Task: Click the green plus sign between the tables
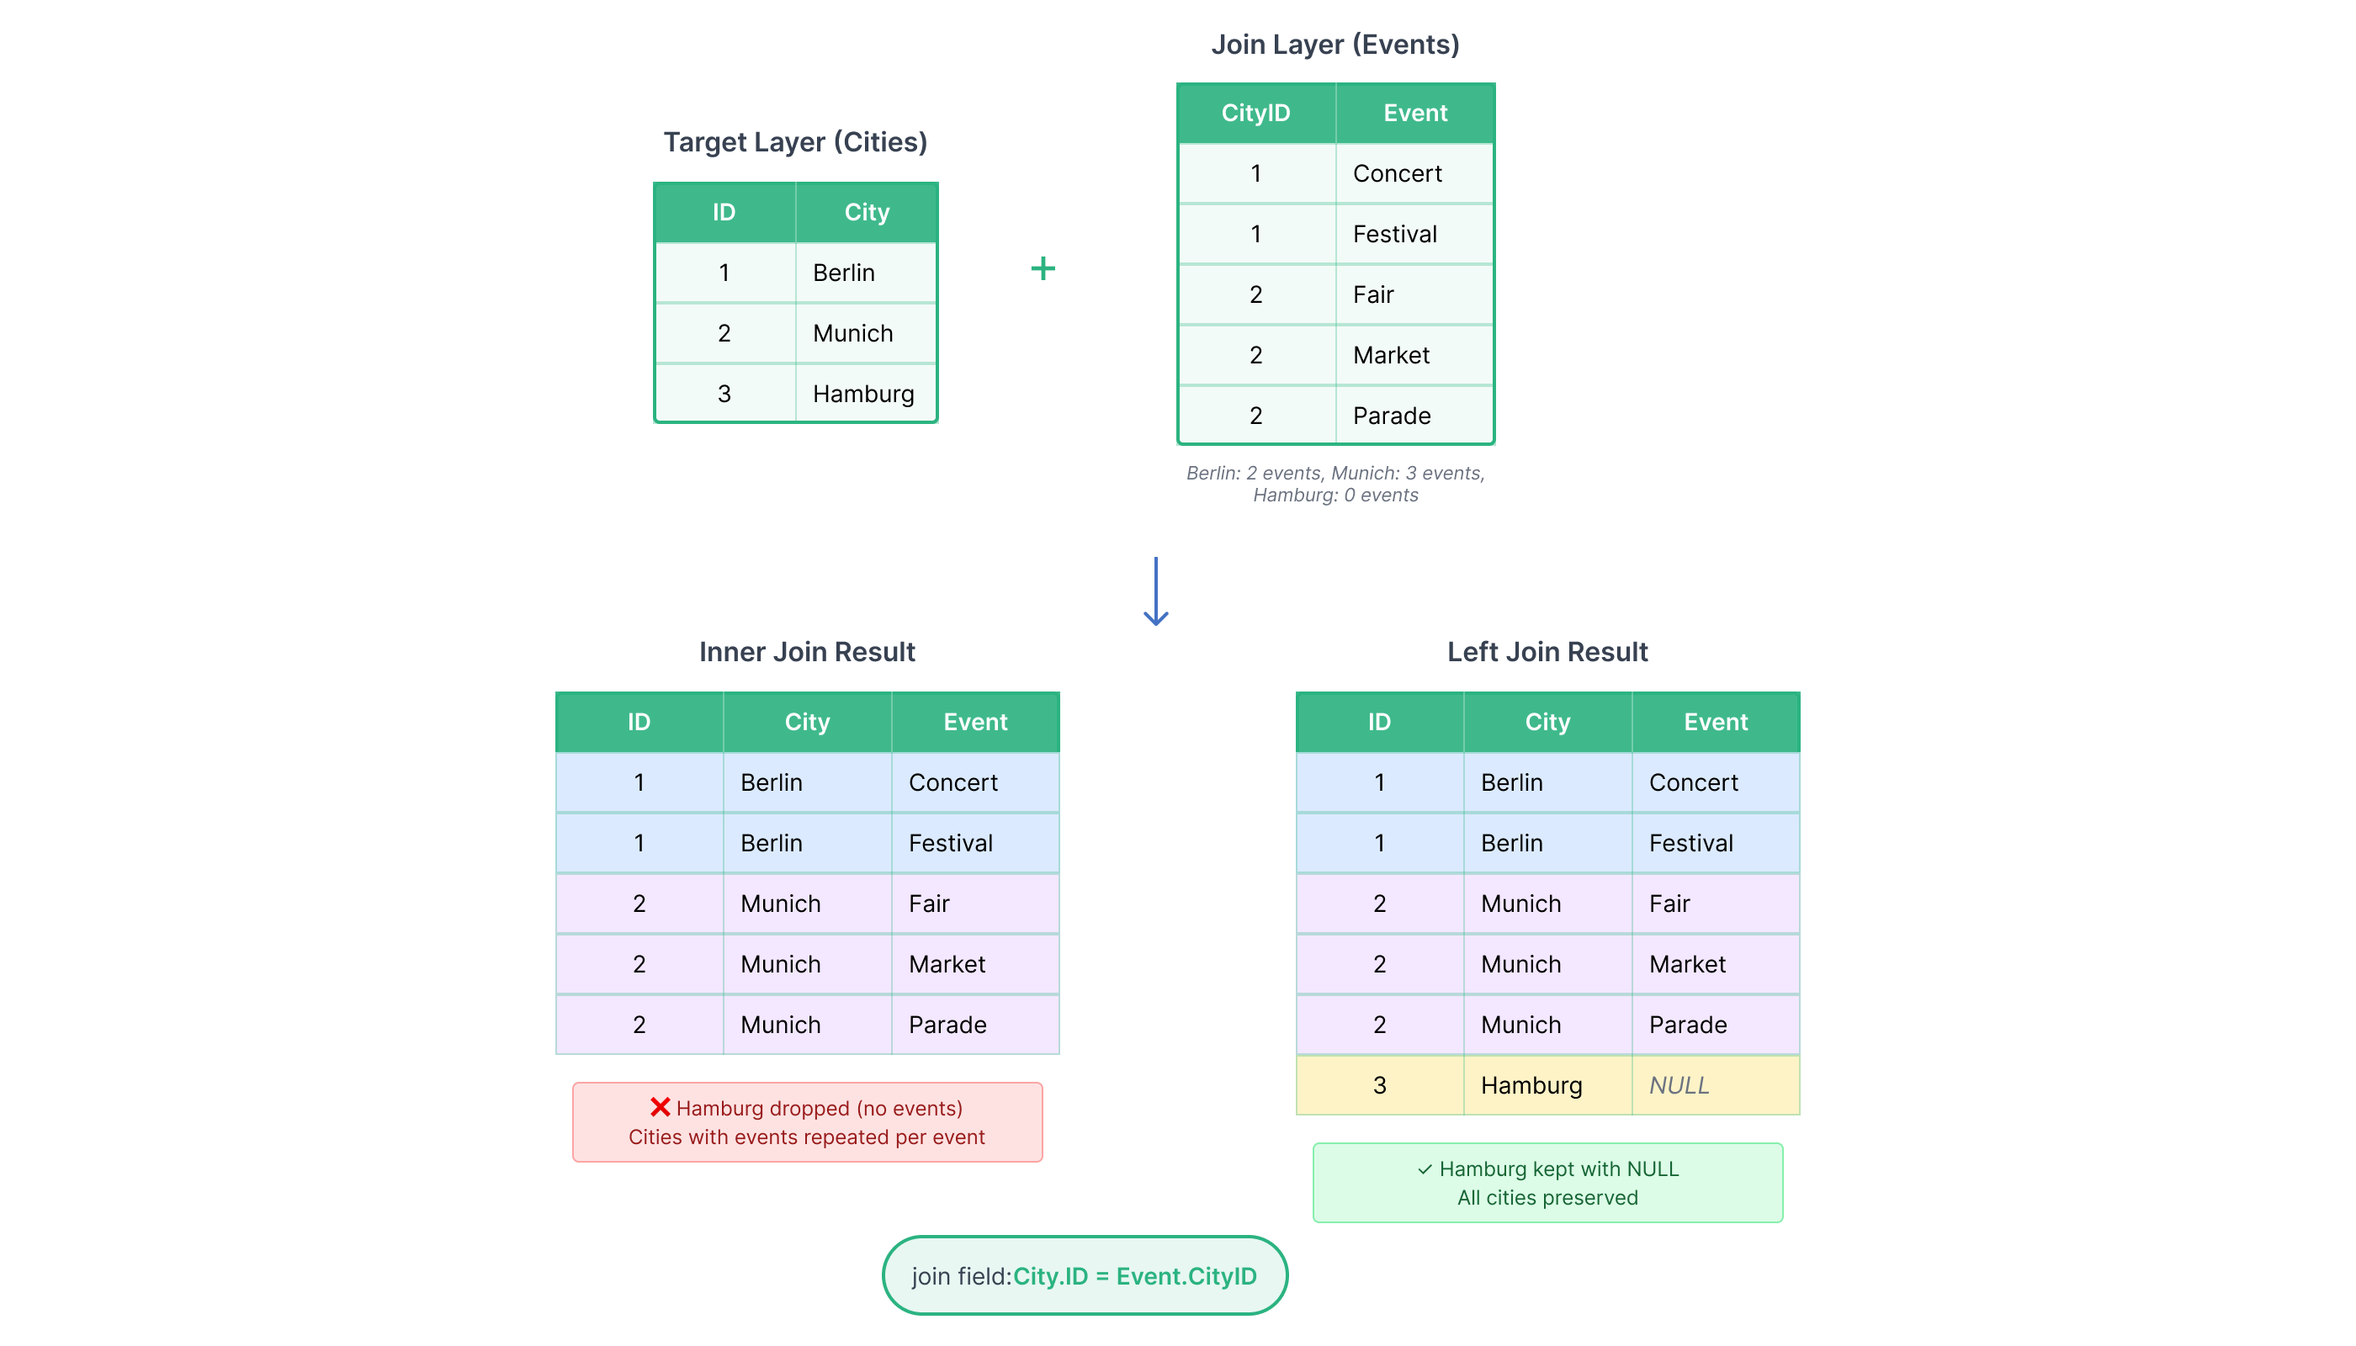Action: click(1043, 269)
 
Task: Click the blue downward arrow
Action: click(1156, 591)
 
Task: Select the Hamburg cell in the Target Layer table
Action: click(867, 394)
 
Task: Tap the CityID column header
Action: click(1255, 113)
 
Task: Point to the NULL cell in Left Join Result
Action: click(1715, 1085)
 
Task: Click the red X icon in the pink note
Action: click(661, 1107)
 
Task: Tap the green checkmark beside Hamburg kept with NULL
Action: click(1425, 1169)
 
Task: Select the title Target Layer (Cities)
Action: click(795, 142)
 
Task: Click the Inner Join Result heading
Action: click(807, 652)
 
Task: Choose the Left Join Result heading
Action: click(1548, 652)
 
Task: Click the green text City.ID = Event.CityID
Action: click(1135, 1277)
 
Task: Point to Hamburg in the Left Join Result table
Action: click(1548, 1085)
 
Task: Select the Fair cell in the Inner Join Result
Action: click(975, 904)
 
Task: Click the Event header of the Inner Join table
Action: click(975, 722)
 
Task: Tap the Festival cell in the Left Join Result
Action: click(1715, 843)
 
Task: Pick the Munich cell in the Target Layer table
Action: click(867, 334)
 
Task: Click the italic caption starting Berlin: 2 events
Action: click(1335, 485)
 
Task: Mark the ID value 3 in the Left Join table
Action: click(1380, 1085)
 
